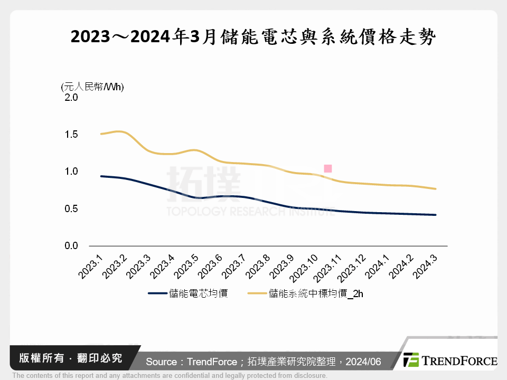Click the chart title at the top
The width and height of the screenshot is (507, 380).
253,37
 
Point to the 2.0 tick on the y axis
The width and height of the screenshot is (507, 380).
71,98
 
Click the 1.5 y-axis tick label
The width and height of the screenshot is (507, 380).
71,135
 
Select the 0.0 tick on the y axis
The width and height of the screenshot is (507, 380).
71,246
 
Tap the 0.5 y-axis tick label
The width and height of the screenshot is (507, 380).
71,209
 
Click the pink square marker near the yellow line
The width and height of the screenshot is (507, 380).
327,169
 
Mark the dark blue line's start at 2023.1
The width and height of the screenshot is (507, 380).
101,176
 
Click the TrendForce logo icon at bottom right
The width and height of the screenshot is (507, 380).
411,360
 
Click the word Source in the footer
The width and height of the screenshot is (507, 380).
161,362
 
